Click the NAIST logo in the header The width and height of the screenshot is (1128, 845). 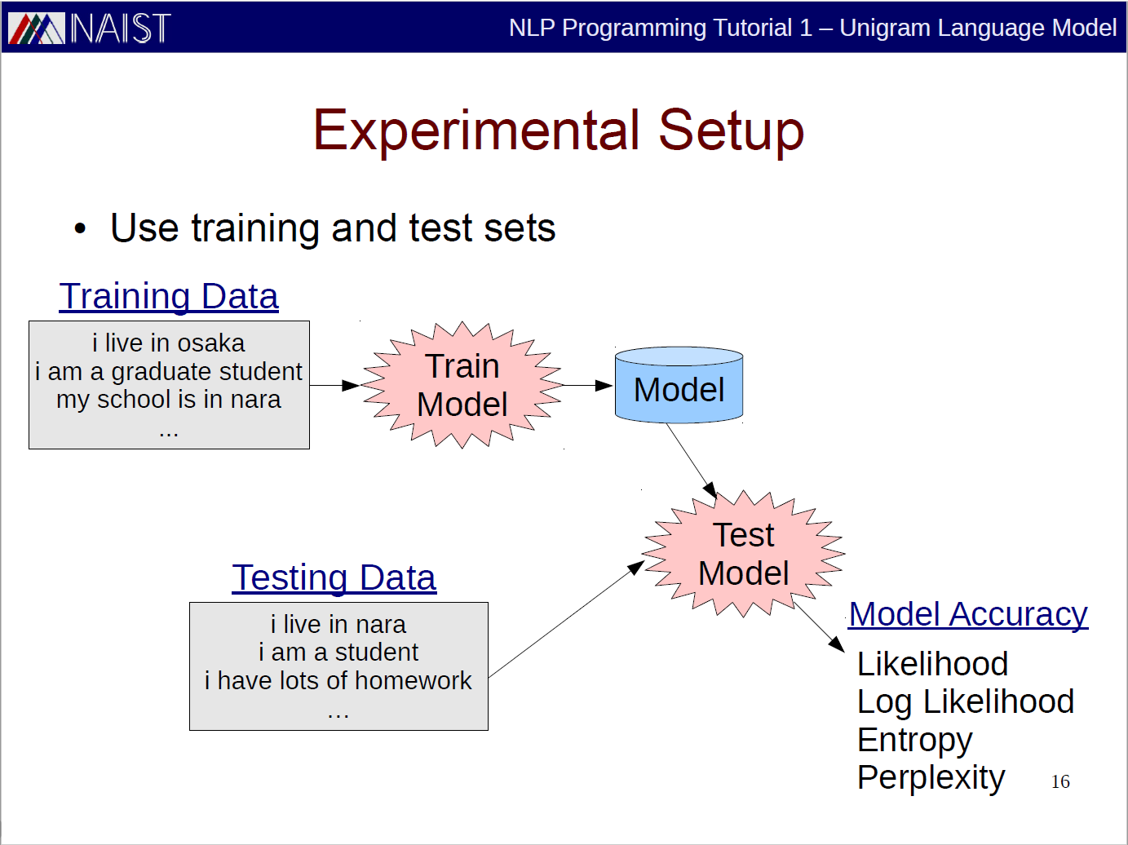pos(90,28)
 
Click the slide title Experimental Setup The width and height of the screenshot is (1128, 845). pos(559,131)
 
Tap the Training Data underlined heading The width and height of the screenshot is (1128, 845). pos(169,296)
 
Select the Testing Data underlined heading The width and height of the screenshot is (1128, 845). pos(334,578)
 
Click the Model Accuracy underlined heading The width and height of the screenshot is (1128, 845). pos(968,614)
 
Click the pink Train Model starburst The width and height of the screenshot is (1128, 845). pos(462,385)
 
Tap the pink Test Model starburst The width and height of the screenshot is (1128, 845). pos(743,554)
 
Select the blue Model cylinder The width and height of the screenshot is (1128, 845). pos(679,385)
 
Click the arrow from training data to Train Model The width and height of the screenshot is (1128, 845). pos(334,385)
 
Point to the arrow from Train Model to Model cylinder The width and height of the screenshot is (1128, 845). pos(588,385)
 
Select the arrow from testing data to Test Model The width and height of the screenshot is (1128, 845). pos(566,619)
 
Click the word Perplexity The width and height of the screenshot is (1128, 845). pos(931,778)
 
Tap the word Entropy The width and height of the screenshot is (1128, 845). pos(915,741)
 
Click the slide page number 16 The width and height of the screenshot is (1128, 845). pos(1060,782)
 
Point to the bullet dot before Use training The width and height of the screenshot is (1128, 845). pos(80,228)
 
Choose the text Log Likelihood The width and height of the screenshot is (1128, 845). pos(966,702)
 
